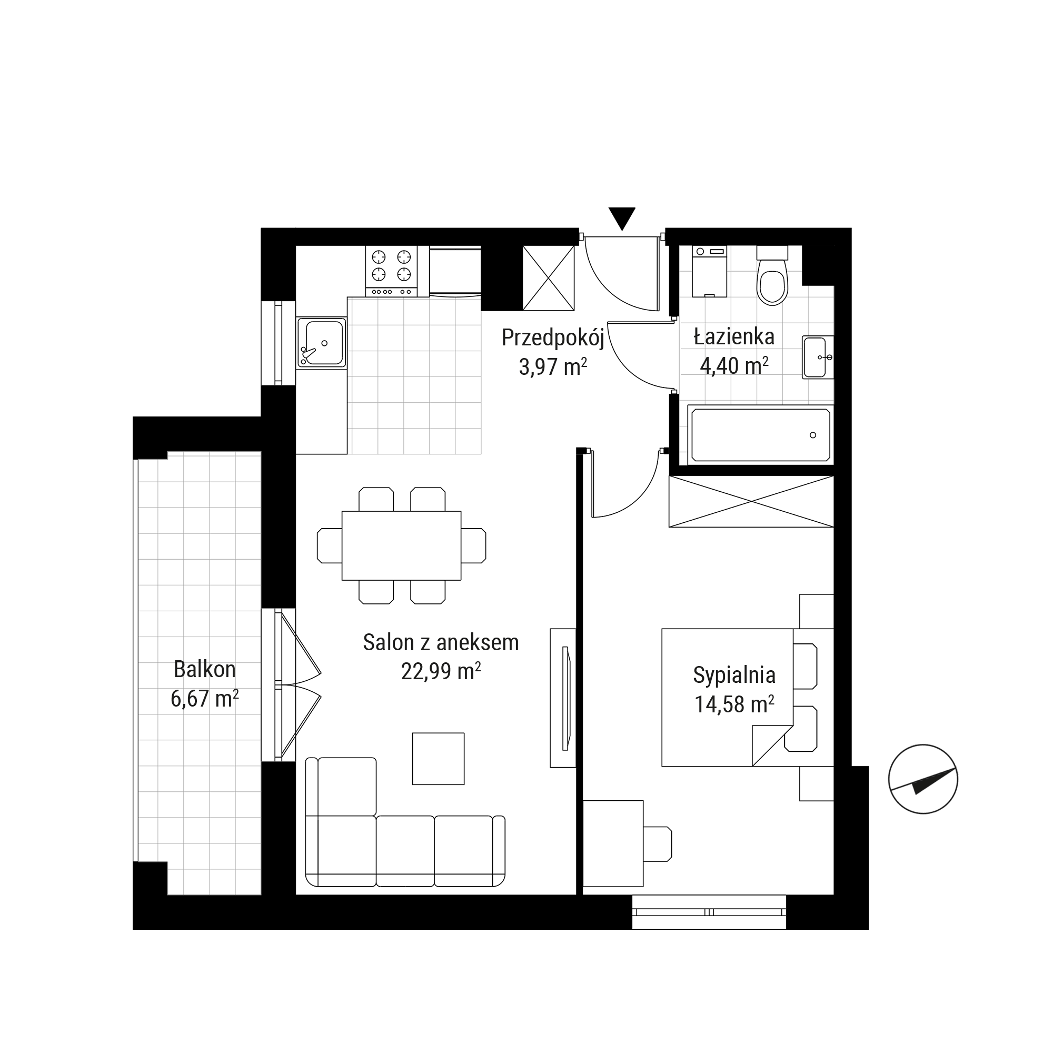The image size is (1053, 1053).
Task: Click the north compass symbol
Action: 923,779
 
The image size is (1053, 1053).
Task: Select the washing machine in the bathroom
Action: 709,271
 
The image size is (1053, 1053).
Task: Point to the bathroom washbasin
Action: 818,357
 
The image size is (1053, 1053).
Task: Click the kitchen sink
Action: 322,343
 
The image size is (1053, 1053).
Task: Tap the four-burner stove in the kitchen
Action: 391,271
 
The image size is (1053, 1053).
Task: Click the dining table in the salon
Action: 401,545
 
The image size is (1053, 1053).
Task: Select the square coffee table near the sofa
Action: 438,759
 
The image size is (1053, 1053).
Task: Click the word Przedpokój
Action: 553,339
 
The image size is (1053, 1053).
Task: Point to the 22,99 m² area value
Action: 441,671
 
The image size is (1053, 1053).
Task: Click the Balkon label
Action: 204,669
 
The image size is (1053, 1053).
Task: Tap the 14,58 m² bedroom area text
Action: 734,704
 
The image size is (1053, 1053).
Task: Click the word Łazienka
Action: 733,337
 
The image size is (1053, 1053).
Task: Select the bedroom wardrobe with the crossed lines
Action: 751,501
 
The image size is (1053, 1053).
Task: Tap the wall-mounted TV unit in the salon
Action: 563,698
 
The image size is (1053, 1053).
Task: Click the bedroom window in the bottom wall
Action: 709,912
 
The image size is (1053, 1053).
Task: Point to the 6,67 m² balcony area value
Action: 204,699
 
